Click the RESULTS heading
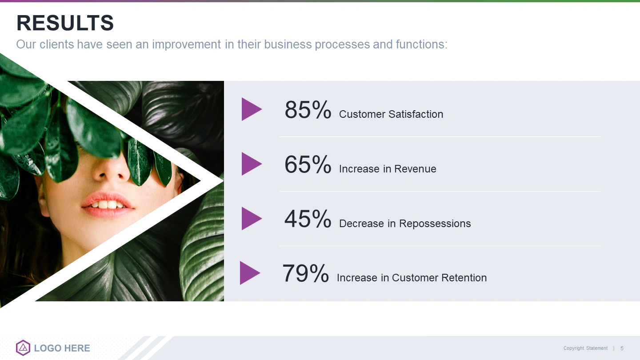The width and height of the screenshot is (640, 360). click(65, 23)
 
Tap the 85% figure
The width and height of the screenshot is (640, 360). click(308, 109)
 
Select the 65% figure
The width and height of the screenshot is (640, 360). click(308, 164)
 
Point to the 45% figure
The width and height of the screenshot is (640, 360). click(308, 219)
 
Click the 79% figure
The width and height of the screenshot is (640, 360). click(306, 273)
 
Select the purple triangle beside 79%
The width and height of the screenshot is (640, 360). click(250, 273)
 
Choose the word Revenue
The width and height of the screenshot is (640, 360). click(415, 169)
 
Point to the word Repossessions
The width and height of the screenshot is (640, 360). click(435, 224)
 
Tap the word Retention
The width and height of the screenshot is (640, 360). click(464, 278)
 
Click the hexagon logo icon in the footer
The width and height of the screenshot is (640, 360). click(23, 348)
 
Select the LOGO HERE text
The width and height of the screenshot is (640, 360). click(62, 348)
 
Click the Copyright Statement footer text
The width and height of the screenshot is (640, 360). click(585, 348)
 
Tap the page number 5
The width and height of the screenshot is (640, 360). click(622, 348)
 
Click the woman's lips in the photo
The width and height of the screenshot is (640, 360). click(107, 204)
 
